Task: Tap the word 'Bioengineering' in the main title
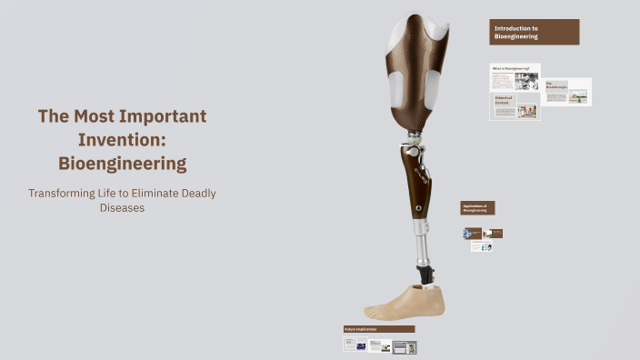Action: click(x=122, y=164)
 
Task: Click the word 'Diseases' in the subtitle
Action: click(x=122, y=208)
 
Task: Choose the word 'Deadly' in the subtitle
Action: click(x=195, y=193)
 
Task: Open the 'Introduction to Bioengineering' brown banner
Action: click(x=534, y=33)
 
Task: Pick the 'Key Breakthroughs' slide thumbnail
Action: click(x=567, y=92)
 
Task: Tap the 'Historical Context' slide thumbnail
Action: click(x=515, y=106)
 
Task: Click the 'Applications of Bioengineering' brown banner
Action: click(x=477, y=208)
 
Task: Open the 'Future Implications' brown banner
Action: click(x=378, y=329)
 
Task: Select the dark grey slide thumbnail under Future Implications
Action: click(x=405, y=346)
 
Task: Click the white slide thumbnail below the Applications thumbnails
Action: click(x=482, y=246)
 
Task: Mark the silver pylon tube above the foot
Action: click(x=421, y=241)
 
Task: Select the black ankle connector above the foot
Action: click(x=424, y=273)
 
